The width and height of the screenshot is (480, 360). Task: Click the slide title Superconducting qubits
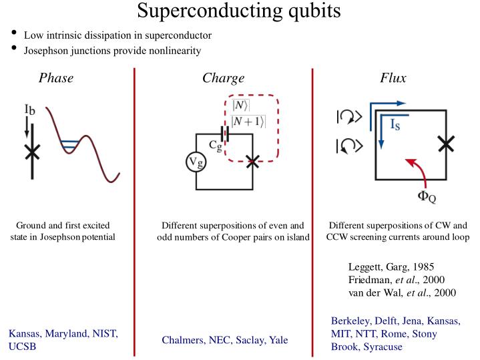(x=239, y=11)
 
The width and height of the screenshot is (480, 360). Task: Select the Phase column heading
(x=56, y=78)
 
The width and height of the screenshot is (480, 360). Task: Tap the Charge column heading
(x=223, y=78)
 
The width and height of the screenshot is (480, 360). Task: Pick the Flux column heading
(x=393, y=78)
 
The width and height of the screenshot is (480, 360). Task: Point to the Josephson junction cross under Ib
(x=31, y=151)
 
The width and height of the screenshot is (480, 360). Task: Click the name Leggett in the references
(x=366, y=267)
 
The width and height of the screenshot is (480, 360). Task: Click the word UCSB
(x=22, y=347)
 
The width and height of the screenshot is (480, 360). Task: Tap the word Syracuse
(x=381, y=347)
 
